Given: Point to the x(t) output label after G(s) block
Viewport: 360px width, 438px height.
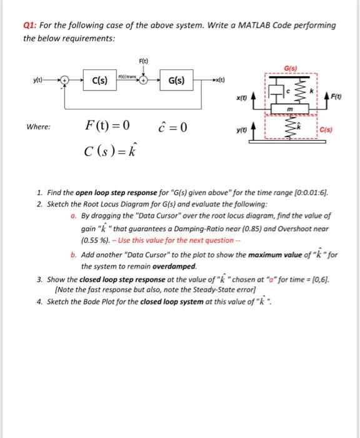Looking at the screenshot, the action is [x=218, y=81].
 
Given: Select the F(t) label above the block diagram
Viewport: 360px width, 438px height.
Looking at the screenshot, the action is [x=144, y=61].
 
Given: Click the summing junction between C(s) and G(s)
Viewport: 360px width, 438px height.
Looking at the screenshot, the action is [x=144, y=81].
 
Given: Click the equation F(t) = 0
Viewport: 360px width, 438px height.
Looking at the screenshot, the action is [x=107, y=126].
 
